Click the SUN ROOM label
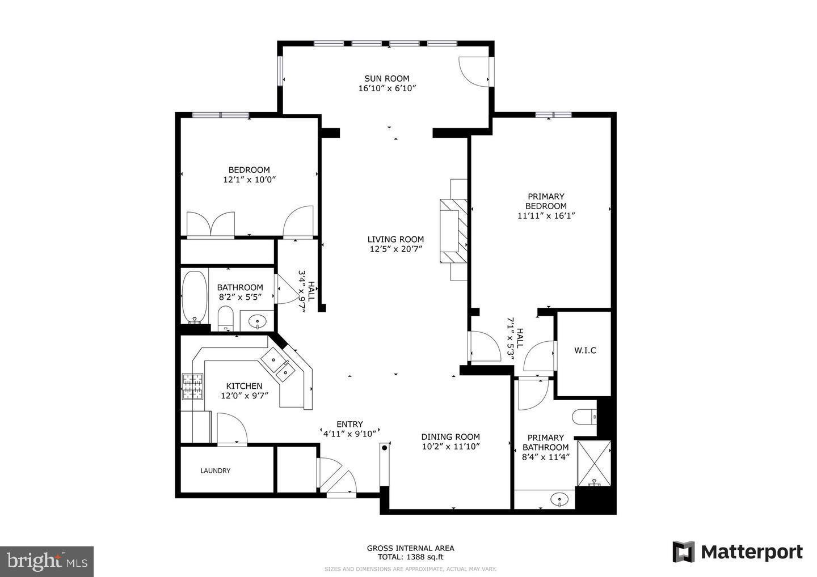(x=386, y=79)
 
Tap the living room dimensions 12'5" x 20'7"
(x=395, y=249)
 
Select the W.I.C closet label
(x=585, y=351)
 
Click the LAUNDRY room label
(x=215, y=470)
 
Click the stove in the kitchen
(x=192, y=387)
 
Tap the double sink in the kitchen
(x=279, y=365)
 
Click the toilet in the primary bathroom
(x=584, y=418)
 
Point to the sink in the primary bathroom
(x=559, y=500)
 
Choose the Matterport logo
(x=738, y=551)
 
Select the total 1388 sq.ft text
(x=410, y=557)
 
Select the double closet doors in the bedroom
(x=210, y=225)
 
